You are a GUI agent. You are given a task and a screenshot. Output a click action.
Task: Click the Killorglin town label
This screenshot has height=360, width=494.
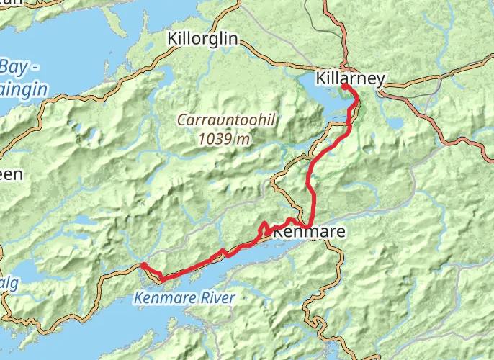click(x=202, y=39)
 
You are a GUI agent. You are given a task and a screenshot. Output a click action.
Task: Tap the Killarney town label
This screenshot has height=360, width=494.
click(x=351, y=78)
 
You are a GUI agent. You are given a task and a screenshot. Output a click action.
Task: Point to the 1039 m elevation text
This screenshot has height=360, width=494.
click(x=225, y=139)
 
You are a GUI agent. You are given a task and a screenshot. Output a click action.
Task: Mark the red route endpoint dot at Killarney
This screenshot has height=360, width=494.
click(x=345, y=87)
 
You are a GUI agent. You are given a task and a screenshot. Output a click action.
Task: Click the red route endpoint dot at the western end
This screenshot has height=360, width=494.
click(x=144, y=266)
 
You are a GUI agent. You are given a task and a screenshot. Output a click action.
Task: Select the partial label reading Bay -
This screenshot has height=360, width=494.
click(x=20, y=68)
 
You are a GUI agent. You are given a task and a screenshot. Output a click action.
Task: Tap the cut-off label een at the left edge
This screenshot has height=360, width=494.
click(x=11, y=174)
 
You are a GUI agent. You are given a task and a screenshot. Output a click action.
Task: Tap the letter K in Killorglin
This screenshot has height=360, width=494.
click(x=172, y=39)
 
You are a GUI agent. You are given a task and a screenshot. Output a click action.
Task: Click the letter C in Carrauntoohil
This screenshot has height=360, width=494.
click(x=184, y=122)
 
